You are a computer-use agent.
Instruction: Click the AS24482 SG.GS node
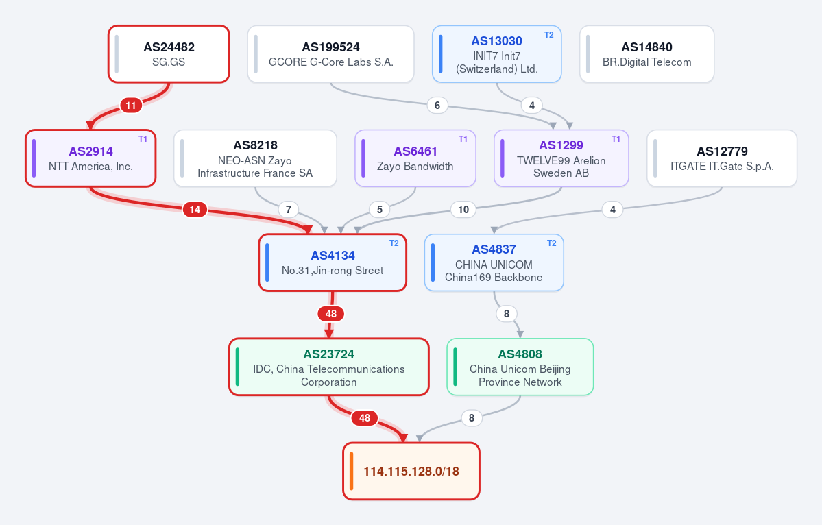pyautogui.click(x=169, y=54)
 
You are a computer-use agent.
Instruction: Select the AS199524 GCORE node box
pyautogui.click(x=331, y=54)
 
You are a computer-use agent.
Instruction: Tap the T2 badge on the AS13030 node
pyautogui.click(x=549, y=35)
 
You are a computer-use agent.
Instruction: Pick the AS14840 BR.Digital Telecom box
pyautogui.click(x=647, y=54)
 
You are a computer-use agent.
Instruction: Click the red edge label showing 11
pyautogui.click(x=131, y=106)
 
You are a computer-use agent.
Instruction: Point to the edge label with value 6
pyautogui.click(x=437, y=106)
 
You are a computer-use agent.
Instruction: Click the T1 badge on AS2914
pyautogui.click(x=143, y=139)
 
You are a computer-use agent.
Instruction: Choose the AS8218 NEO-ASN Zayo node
pyautogui.click(x=255, y=158)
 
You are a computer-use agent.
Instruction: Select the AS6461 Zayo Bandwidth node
pyautogui.click(x=415, y=158)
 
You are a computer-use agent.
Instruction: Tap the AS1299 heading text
pyautogui.click(x=561, y=145)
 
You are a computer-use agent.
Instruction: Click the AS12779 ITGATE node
pyautogui.click(x=722, y=158)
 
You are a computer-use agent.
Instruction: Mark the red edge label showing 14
pyautogui.click(x=195, y=210)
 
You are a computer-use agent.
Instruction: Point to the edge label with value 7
pyautogui.click(x=289, y=210)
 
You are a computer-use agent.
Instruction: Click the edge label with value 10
pyautogui.click(x=463, y=210)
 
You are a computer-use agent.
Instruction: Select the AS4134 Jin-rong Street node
pyautogui.click(x=333, y=262)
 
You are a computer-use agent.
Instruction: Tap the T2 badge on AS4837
pyautogui.click(x=552, y=243)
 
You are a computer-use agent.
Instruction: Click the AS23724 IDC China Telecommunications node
pyautogui.click(x=328, y=367)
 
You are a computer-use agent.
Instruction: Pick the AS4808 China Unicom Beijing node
pyautogui.click(x=520, y=367)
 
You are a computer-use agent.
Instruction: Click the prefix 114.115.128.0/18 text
pyautogui.click(x=411, y=472)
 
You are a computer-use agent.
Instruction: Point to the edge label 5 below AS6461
pyautogui.click(x=380, y=210)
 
